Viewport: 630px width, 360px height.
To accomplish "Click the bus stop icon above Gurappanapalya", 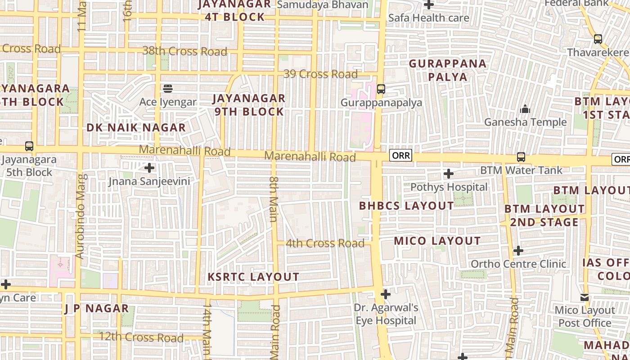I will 381,89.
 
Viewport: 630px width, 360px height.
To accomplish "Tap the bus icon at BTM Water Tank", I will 521,157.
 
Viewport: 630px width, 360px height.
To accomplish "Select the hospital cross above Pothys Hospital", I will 448,174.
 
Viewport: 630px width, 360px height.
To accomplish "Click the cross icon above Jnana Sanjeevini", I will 149,168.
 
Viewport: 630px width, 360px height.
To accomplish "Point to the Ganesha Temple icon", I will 525,109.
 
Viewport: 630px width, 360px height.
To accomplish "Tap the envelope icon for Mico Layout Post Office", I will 585,297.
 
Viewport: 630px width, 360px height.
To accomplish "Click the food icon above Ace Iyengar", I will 168,88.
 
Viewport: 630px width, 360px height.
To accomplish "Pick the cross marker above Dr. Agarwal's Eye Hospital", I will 386,294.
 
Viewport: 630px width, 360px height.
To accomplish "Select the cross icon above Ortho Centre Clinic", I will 518,250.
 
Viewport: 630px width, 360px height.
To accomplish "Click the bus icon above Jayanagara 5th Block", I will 29,146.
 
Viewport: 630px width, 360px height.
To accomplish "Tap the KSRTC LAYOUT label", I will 253,277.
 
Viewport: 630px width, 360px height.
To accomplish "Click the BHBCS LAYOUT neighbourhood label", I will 406,206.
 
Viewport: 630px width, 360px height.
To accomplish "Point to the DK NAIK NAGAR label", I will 136,127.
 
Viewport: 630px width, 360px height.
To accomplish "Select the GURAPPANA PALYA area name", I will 448,70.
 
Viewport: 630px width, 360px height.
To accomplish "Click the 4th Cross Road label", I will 325,243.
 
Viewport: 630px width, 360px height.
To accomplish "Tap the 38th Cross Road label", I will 184,51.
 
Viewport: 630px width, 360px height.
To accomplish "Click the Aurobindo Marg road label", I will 80,216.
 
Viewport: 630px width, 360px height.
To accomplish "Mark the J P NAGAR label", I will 97,308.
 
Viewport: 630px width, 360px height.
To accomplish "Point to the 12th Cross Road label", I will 141,337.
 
